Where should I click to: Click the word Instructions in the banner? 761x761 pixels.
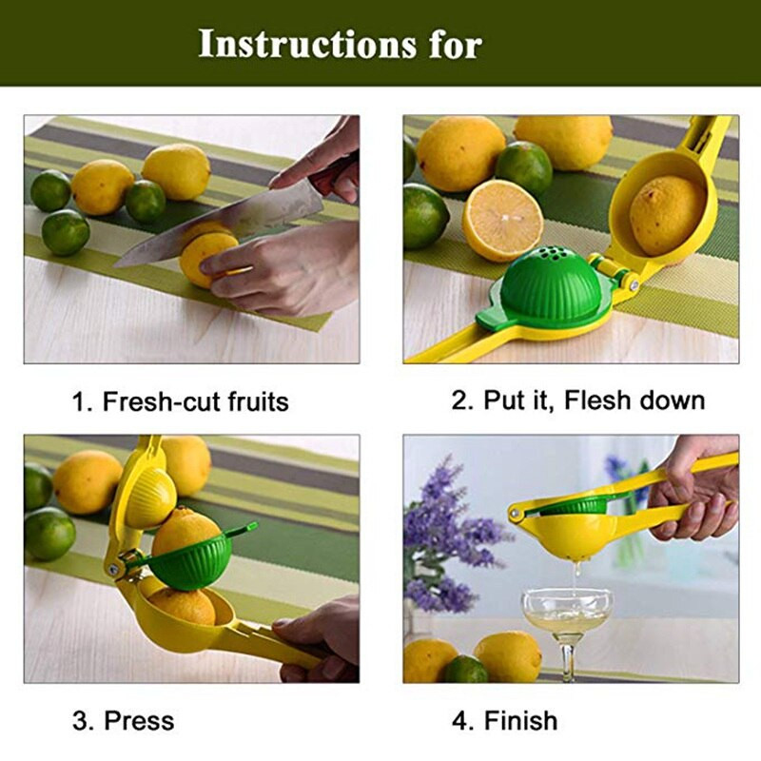(307, 44)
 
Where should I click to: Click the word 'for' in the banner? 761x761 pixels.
(456, 44)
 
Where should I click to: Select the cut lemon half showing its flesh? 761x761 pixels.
(502, 220)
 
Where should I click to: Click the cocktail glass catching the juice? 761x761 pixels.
(566, 627)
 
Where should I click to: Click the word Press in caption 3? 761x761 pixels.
(139, 721)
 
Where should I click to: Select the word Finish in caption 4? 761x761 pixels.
(520, 721)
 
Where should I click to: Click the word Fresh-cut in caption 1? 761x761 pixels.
(162, 401)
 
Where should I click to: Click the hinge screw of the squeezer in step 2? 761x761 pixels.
(634, 285)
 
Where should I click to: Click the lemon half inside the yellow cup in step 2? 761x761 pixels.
(668, 215)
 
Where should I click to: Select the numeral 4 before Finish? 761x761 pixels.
(459, 721)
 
